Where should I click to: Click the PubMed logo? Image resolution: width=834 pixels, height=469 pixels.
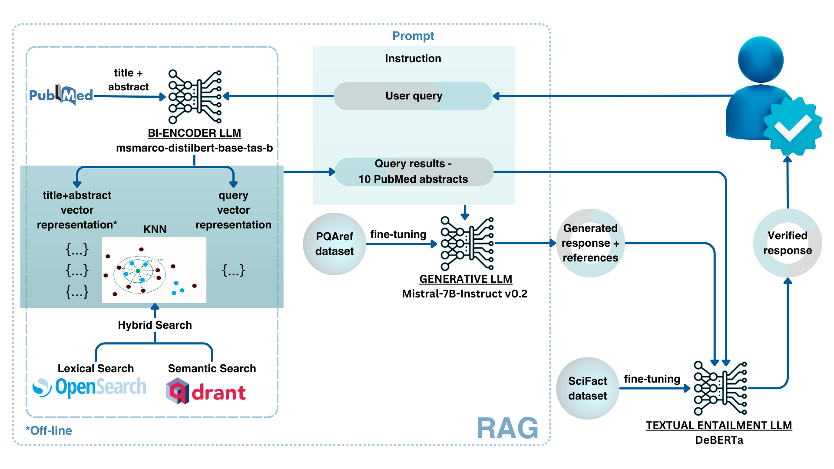coord(61,95)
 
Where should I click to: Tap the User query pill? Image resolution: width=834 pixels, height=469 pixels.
coord(413,96)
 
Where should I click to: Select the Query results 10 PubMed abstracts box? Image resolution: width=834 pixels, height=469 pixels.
coord(414,172)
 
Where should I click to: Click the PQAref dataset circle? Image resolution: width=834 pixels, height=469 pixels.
coord(334,244)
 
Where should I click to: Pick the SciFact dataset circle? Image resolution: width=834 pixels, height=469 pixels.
coord(587,388)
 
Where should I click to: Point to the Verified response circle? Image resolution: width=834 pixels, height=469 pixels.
coord(787,243)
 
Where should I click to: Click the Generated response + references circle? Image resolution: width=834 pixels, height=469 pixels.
coord(590,243)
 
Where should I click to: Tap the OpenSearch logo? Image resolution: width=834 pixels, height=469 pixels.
coord(90,387)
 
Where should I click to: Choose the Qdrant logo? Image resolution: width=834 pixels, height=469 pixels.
coord(206,391)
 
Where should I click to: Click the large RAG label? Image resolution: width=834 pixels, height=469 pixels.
coord(507,429)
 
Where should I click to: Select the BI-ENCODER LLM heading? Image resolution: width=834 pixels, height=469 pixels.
coord(194,133)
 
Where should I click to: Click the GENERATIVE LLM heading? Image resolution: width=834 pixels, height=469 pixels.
coord(466,279)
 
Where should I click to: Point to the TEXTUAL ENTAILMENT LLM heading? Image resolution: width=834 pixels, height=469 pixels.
coord(719,426)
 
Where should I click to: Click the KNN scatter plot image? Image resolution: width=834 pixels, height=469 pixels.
coord(154,270)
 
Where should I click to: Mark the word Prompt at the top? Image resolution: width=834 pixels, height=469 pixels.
coord(413,36)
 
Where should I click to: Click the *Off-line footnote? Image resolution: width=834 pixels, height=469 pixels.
coord(49,431)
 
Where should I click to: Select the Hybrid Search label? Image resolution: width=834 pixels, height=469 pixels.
coord(155,325)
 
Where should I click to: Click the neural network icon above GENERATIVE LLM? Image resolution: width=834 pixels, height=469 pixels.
coord(467,243)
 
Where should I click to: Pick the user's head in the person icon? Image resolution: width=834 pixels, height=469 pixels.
coord(761,59)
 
